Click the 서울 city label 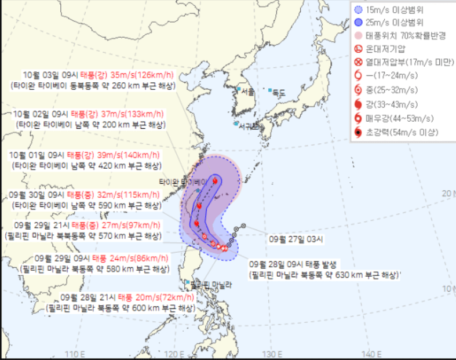point(248,92)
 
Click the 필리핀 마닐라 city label point(211,285)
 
